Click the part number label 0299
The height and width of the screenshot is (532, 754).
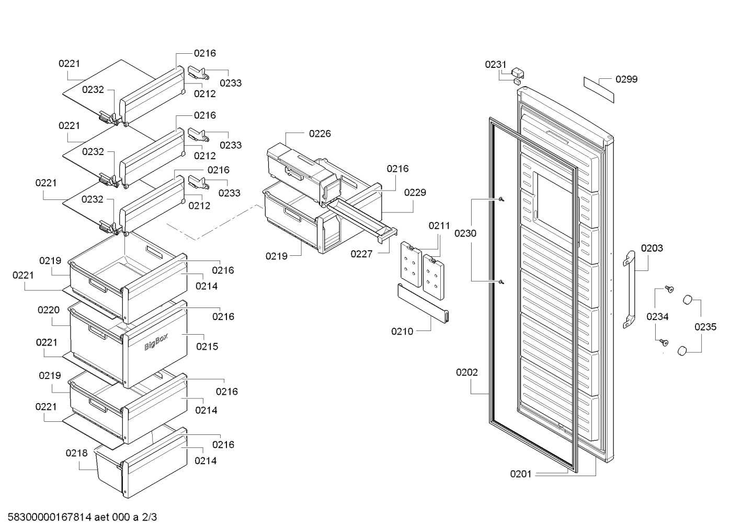(626, 79)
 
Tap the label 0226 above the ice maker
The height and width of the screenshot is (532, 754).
(320, 134)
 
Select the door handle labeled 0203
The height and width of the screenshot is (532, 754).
(629, 289)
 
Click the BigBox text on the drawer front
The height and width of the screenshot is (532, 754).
(156, 342)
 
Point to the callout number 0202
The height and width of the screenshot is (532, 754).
(467, 372)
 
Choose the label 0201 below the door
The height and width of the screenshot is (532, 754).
(521, 474)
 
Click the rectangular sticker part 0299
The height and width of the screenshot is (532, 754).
(599, 89)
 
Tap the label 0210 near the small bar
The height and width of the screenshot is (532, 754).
(402, 332)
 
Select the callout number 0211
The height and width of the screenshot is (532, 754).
(439, 226)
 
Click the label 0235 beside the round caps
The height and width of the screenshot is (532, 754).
(705, 327)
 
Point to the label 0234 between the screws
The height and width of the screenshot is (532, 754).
(657, 316)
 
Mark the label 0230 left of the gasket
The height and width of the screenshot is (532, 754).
(465, 233)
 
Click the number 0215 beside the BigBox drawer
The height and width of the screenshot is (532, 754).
(207, 347)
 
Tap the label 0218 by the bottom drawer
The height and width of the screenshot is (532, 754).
(76, 453)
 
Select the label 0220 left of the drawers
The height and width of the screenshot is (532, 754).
(49, 310)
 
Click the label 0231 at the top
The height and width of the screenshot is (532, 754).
(496, 65)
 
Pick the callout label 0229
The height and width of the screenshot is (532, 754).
(415, 193)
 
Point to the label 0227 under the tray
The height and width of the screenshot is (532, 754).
(361, 254)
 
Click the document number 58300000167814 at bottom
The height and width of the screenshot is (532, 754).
(50, 517)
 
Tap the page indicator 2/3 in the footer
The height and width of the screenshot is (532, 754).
(150, 517)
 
